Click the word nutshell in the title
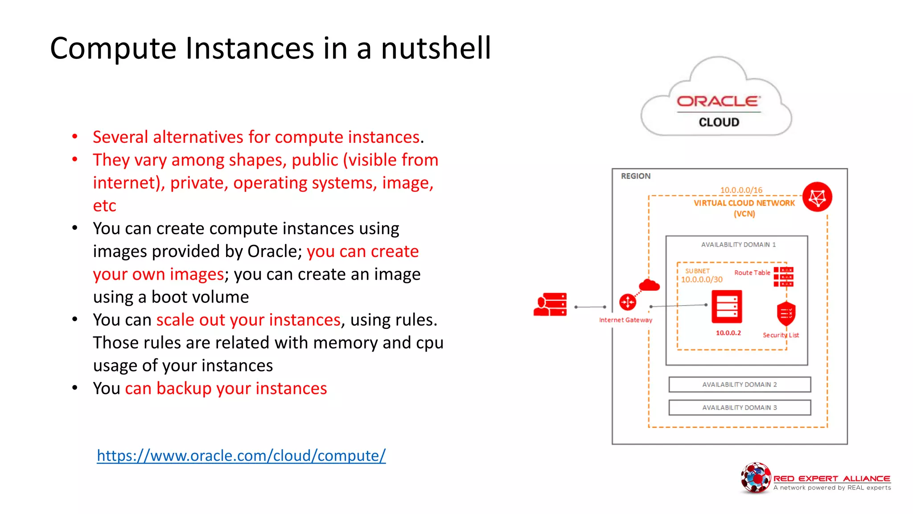tap(436, 48)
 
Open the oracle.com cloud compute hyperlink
tap(241, 456)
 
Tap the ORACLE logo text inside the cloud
tap(718, 101)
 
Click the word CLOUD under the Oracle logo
tap(719, 122)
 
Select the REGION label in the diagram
tap(635, 176)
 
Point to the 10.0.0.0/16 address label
tap(741, 190)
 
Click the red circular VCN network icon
tap(817, 197)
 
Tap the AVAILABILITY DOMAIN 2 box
tap(739, 385)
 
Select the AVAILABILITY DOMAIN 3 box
tap(739, 408)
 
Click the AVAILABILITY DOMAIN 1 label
tap(738, 245)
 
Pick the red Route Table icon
tap(783, 277)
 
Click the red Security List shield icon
tap(786, 314)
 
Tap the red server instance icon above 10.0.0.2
tap(727, 307)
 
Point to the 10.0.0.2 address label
tap(728, 333)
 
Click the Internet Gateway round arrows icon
tap(628, 302)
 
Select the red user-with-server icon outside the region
tap(550, 305)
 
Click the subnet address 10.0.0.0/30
tap(701, 280)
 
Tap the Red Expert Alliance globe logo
tap(755, 478)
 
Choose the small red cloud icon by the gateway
tap(649, 285)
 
